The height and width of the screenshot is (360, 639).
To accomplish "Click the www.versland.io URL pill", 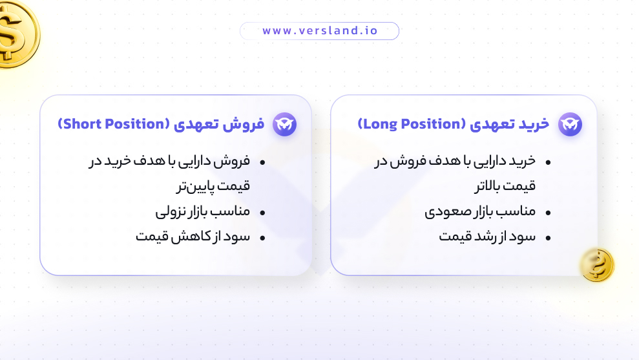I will [319, 31].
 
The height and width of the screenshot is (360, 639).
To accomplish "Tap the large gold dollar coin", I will [14, 32].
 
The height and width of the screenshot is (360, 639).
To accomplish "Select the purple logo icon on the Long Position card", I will [570, 124].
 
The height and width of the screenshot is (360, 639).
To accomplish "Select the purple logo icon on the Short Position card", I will [284, 124].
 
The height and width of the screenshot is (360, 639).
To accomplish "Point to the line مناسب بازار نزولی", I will [202, 211].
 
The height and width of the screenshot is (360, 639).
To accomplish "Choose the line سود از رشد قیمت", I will [487, 237].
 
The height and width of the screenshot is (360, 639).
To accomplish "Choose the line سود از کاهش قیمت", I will [193, 237].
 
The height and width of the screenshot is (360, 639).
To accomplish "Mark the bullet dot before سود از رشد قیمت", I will [549, 238].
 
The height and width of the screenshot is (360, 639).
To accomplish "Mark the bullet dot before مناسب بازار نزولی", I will [263, 213].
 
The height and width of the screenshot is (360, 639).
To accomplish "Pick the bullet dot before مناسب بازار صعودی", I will [549, 213].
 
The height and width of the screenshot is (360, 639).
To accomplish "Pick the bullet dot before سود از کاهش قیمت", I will [263, 238].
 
